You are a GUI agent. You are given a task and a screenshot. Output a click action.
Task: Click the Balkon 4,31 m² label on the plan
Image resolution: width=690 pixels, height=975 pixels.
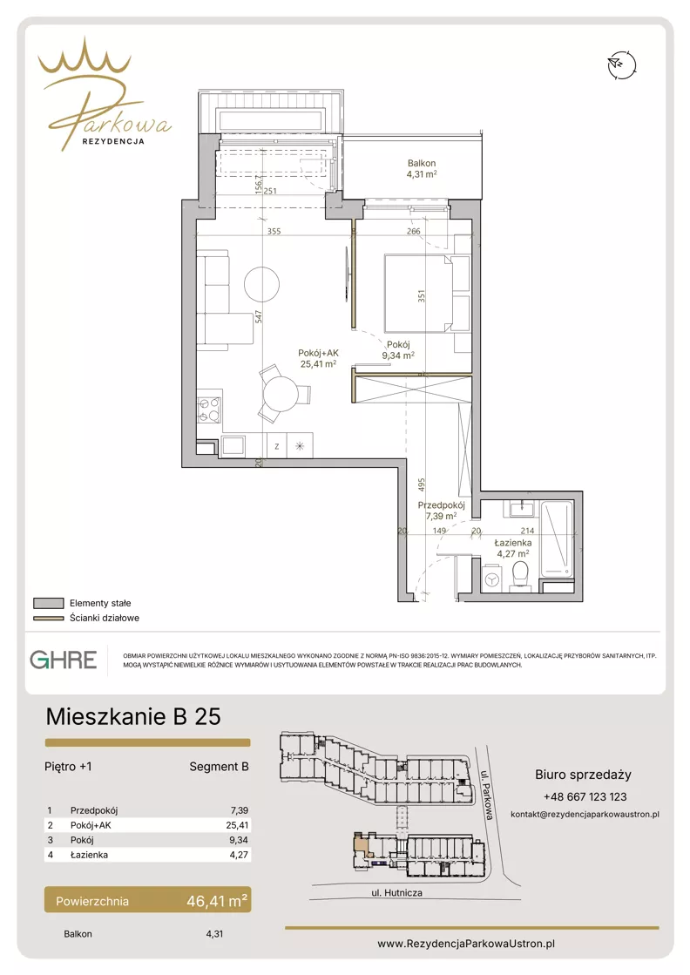[422, 168]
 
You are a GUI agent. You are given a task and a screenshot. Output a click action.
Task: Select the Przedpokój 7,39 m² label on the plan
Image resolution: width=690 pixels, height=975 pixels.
[442, 511]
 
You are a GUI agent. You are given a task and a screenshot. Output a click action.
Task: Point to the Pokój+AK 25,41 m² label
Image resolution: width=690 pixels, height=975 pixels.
[318, 358]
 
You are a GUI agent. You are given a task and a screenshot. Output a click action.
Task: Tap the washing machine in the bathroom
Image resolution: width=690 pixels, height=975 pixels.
[492, 578]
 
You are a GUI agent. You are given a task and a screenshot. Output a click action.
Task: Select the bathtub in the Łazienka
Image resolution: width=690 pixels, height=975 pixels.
[556, 539]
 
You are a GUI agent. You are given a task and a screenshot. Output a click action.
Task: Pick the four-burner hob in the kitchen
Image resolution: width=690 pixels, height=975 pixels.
[209, 410]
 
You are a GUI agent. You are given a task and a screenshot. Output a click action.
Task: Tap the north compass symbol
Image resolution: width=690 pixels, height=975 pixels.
[622, 64]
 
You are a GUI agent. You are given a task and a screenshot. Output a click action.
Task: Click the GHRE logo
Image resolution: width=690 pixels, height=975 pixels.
[64, 660]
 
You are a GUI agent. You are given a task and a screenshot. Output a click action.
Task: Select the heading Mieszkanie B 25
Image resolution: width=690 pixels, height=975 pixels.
[133, 716]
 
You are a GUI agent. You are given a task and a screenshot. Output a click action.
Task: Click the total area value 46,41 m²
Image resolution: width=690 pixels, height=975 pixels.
[217, 900]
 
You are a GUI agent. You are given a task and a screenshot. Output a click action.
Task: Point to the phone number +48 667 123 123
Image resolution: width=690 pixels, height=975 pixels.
[585, 796]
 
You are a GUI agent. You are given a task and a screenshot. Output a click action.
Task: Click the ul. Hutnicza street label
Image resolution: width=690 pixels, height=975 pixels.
[396, 892]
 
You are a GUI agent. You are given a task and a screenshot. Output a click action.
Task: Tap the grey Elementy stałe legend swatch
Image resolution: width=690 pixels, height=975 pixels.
[49, 603]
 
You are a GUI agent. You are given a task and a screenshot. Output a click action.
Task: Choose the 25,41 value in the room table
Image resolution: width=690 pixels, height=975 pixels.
[238, 825]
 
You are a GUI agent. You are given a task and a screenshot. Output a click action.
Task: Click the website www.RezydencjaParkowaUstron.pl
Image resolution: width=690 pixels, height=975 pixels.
[466, 944]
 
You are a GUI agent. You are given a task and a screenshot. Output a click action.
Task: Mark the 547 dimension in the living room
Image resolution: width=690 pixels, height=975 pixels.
[259, 316]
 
